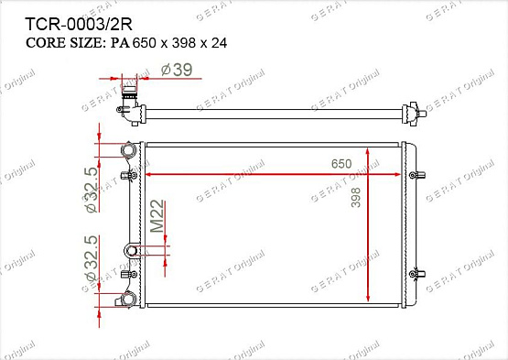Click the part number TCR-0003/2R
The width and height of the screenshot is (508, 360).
click(79, 24)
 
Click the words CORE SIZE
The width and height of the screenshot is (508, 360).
click(64, 43)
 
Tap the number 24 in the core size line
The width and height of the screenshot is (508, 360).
click(220, 43)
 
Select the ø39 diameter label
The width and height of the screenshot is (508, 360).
click(177, 70)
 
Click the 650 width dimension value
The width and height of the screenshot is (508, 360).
click(341, 164)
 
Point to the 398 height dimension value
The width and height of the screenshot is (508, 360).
click(356, 197)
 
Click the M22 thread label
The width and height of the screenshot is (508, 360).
click(157, 216)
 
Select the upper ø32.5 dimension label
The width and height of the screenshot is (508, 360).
click(91, 190)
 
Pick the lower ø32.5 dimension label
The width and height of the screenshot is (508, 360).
click(91, 258)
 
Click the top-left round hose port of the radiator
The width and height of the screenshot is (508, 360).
click(128, 150)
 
